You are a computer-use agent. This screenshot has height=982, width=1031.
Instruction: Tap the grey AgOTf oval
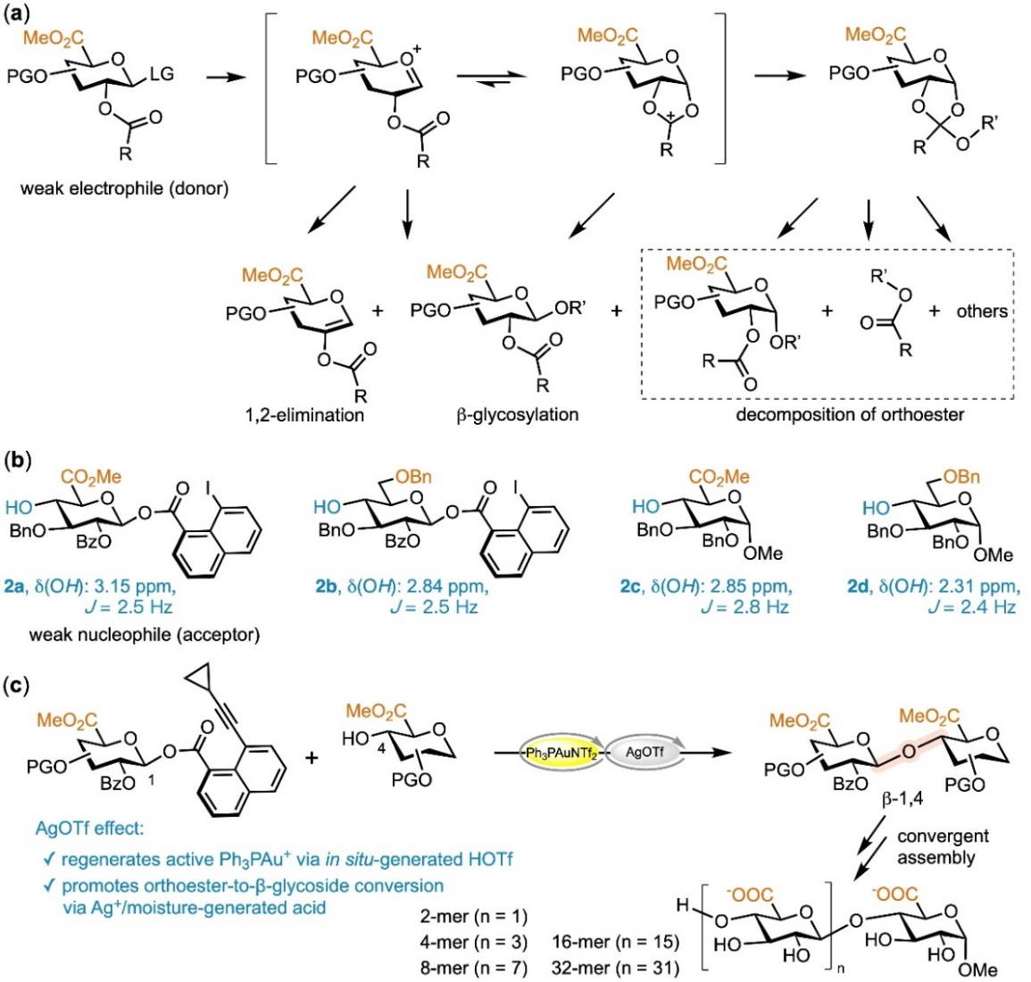coord(644,753)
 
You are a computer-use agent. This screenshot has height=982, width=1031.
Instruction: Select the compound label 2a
coord(13,586)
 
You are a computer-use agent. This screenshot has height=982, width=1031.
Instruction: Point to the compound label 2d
coord(859,586)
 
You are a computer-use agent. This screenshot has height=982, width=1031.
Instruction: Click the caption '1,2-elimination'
coord(304,415)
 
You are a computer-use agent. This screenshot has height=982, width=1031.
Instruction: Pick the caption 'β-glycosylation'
coord(518,415)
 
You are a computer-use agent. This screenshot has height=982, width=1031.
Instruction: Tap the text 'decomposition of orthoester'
coord(850,415)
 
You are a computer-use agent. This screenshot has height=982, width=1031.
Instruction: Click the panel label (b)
coord(18,460)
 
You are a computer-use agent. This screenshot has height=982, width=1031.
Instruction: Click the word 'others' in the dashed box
coord(982,311)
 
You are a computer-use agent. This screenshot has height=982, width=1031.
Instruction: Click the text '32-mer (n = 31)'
coord(615,969)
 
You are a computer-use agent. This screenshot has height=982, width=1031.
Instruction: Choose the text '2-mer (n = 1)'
coord(473,916)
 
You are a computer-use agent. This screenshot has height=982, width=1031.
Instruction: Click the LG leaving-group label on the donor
coord(162,74)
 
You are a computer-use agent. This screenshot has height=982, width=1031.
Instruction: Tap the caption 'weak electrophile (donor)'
coord(124,188)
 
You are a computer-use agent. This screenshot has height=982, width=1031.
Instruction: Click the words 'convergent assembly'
coord(943,846)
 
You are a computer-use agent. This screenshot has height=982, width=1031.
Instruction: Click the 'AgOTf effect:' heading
coord(89,828)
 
